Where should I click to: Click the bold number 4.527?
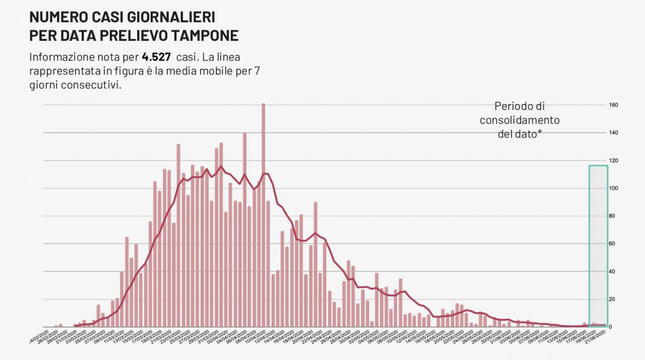coord(156,56)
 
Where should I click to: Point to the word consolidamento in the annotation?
coord(520,120)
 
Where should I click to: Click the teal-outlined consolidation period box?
coord(598,246)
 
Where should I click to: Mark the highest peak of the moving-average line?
coord(221,166)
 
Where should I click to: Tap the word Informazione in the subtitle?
coord(61,56)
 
